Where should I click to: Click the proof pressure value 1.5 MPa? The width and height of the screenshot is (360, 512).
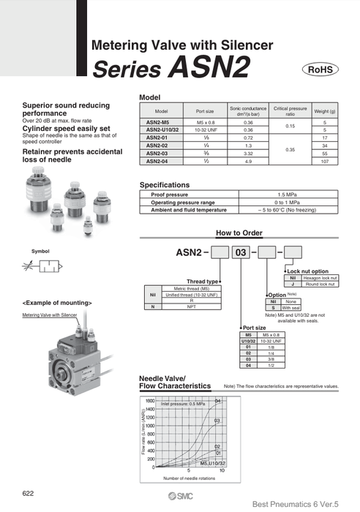coord(290,195)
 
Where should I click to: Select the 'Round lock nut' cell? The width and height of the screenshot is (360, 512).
coord(323,284)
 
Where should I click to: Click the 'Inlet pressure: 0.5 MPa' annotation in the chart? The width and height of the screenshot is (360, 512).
coord(183,404)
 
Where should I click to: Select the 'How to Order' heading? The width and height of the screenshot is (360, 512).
coord(239,233)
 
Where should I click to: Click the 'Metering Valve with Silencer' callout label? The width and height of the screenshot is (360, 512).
coord(50,315)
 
